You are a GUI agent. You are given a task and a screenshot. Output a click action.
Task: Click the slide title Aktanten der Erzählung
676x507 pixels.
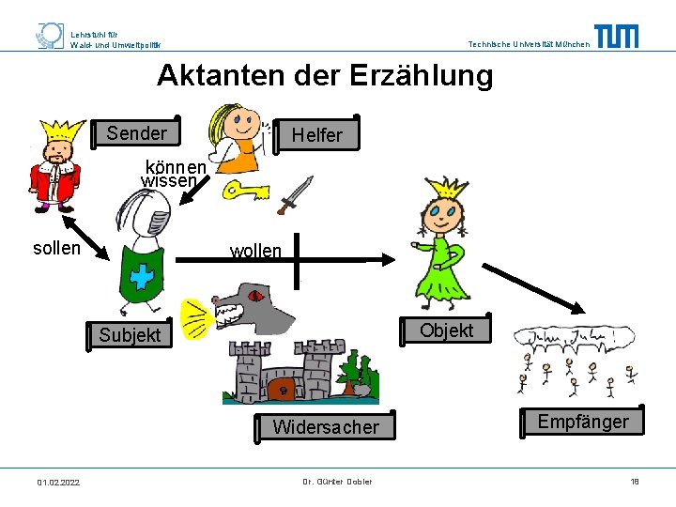pos(325,75)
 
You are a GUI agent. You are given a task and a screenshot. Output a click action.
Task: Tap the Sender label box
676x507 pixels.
pos(137,133)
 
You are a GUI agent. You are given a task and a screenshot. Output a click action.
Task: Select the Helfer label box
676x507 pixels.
pos(316,135)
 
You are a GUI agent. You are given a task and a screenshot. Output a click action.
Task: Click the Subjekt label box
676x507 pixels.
pos(131,334)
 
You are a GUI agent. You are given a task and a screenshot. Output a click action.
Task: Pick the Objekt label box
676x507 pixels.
pos(446,330)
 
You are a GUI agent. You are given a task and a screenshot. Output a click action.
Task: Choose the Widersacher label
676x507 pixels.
pos(326,428)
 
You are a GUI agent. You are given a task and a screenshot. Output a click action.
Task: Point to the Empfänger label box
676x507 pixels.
pos(583,422)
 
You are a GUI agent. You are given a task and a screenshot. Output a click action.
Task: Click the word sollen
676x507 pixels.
pos(57,249)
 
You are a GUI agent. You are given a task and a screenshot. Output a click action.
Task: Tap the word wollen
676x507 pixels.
pos(256,252)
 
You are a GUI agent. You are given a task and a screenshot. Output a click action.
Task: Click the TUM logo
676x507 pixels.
pos(617,37)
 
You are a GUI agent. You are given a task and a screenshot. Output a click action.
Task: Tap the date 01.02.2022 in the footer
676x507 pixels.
pos(58,483)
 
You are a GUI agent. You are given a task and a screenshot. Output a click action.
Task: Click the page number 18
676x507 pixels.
pos(634,482)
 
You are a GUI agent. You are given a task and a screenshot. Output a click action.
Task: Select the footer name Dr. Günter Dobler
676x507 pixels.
pos(337,482)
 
